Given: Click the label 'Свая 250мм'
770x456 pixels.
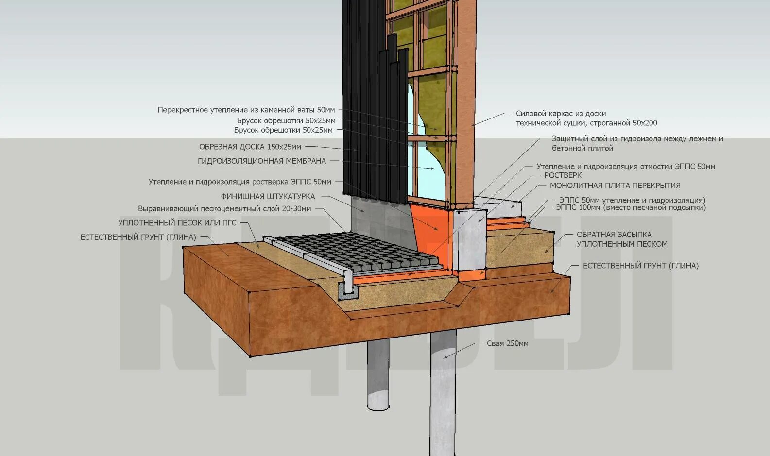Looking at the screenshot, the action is pyautogui.click(x=507, y=343).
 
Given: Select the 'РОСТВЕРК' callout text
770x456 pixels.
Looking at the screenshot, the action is pyautogui.click(x=563, y=175).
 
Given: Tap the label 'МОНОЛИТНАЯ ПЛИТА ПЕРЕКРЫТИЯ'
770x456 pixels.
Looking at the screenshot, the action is pyautogui.click(x=615, y=186).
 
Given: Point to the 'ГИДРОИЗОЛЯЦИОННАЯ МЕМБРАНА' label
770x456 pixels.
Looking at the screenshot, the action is pyautogui.click(x=262, y=161).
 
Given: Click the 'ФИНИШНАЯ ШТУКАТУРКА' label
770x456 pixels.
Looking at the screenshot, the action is pyautogui.click(x=268, y=197).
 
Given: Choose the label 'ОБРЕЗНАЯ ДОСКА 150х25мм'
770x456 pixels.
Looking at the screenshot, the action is pyautogui.click(x=250, y=147).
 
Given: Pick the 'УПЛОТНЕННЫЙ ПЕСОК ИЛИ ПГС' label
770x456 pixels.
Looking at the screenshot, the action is pyautogui.click(x=177, y=223).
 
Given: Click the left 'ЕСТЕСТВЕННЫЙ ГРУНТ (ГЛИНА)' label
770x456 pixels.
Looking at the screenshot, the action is pyautogui.click(x=138, y=237).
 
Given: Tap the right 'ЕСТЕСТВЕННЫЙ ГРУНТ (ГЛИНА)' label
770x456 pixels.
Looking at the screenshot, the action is pyautogui.click(x=640, y=266).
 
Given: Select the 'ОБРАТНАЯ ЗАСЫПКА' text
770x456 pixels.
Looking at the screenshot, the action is pyautogui.click(x=614, y=235).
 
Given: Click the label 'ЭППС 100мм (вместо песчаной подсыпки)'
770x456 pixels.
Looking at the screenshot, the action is pyautogui.click(x=631, y=208).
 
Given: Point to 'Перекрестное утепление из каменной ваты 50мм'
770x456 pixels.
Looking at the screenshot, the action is pyautogui.click(x=246, y=110).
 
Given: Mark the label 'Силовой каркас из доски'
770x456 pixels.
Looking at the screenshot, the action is pyautogui.click(x=561, y=114).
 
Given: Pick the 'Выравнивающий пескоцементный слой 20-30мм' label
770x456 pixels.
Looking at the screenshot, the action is pyautogui.click(x=224, y=209).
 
